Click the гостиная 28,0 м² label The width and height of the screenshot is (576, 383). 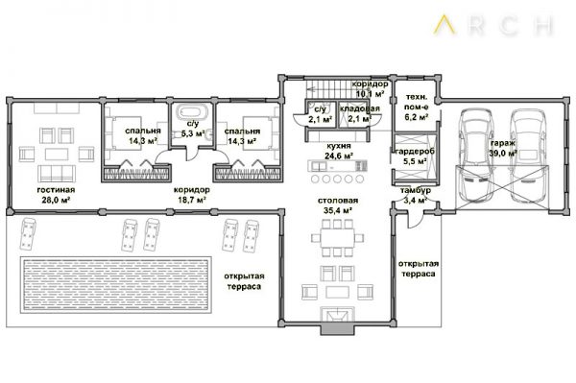click(56, 195)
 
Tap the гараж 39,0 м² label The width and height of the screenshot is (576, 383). click(504, 148)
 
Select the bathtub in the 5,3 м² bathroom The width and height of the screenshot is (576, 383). click(190, 112)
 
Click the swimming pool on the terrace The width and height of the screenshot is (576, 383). click(116, 285)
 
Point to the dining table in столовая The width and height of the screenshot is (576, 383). click(337, 238)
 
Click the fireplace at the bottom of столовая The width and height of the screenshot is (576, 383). click(338, 317)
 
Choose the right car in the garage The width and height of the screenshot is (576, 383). click(527, 155)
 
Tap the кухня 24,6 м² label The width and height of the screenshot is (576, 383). click(338, 151)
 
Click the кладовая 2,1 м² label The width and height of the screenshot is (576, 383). click(359, 113)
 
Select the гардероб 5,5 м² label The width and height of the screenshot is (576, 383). click(415, 156)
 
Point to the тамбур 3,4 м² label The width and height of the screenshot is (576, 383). click(416, 195)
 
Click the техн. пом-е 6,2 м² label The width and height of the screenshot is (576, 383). click(417, 107)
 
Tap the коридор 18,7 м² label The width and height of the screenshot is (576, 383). click(192, 195)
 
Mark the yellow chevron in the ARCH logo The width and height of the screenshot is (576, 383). click(445, 24)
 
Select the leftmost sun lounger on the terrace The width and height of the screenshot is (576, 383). click(27, 233)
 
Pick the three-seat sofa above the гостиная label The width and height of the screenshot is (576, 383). click(58, 174)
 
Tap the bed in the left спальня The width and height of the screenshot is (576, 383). click(124, 133)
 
